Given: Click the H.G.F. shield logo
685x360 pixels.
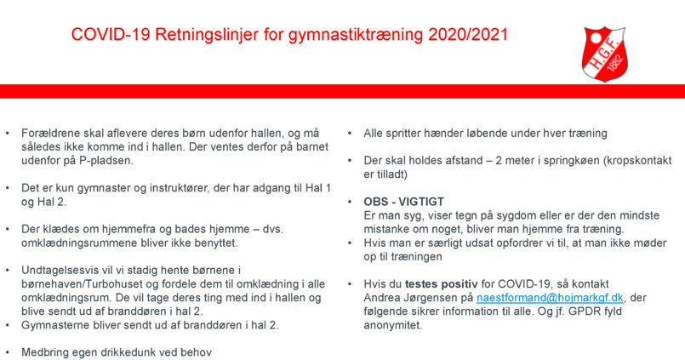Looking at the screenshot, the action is [x=605, y=54].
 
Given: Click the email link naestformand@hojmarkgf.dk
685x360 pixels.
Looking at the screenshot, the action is [x=550, y=298].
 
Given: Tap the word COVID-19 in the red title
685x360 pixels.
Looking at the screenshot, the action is [x=111, y=35].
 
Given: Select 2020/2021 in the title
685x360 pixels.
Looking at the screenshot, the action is [x=468, y=35].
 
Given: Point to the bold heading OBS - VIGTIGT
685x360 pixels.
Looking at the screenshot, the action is [x=403, y=202].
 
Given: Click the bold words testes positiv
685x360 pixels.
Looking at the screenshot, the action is [x=442, y=284].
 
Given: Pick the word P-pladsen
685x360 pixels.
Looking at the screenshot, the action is [x=106, y=160].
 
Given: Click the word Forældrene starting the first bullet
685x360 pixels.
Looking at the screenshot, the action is [x=49, y=133].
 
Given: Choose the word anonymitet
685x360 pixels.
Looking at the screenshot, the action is [x=393, y=325].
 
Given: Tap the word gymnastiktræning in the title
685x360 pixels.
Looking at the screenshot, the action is [x=356, y=35].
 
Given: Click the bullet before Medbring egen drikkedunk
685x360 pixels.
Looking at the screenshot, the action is [x=7, y=352].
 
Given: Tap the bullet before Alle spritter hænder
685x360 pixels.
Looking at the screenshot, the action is [x=350, y=133].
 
